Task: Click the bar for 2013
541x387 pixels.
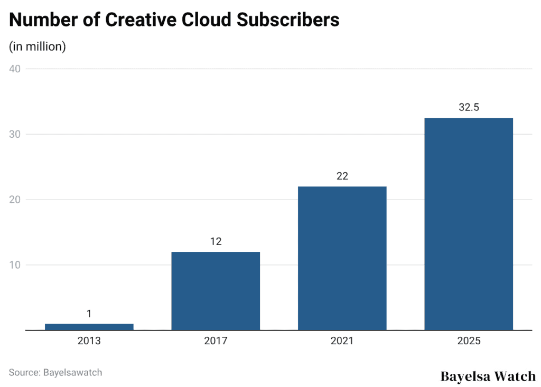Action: [x=89, y=327]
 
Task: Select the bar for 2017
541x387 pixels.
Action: [x=216, y=291]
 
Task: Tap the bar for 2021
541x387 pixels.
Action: [x=342, y=258]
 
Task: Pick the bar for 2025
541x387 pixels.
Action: [x=469, y=224]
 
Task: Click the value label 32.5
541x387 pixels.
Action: [x=469, y=107]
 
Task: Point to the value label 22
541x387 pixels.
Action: [x=342, y=176]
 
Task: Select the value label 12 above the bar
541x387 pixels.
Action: [x=216, y=241]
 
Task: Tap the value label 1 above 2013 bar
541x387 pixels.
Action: [x=89, y=314]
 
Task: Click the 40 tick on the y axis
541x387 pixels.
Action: [x=15, y=69]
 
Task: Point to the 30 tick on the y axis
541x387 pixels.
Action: [x=15, y=134]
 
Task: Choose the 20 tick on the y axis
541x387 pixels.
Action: [x=15, y=200]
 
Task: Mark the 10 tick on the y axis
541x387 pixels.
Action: [x=15, y=265]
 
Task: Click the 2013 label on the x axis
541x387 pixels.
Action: [x=89, y=341]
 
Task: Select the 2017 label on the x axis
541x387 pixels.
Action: [x=216, y=341]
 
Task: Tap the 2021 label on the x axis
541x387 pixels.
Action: [x=342, y=341]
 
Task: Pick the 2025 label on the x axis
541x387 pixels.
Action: [x=469, y=341]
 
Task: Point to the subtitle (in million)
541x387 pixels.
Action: [x=38, y=46]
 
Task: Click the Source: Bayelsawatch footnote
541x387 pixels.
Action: [x=55, y=372]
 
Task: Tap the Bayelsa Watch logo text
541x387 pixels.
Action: [x=488, y=376]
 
